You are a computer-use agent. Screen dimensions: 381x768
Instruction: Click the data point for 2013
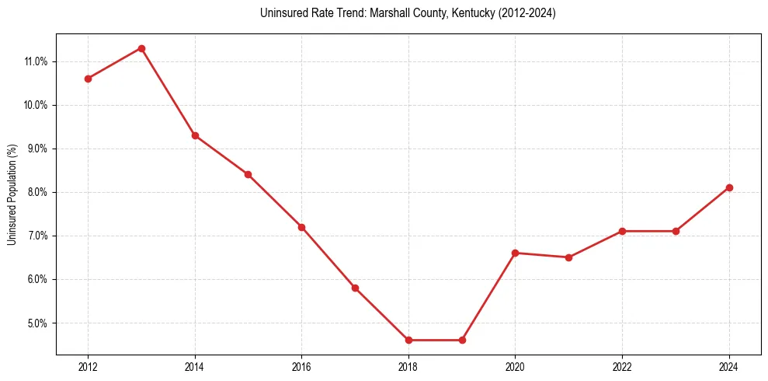[x=141, y=48]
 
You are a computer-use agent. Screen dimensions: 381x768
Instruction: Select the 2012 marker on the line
[x=88, y=79]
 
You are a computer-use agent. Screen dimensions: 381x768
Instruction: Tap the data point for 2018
[x=408, y=340]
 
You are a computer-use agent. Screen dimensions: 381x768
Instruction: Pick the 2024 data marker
[x=729, y=187]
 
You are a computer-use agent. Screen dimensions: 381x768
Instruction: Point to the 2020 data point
[x=516, y=253]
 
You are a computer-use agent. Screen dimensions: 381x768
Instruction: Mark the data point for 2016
[x=301, y=227]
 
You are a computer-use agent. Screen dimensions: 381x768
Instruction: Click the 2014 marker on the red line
[x=195, y=135]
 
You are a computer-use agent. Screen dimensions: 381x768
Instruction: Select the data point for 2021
[x=568, y=257]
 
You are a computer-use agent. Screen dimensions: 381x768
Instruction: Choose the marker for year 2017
[x=355, y=288]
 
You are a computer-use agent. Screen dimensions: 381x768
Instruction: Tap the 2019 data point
[x=462, y=340]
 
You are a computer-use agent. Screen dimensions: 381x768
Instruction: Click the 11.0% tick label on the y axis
[x=36, y=61]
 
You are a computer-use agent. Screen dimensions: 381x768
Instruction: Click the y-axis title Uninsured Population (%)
[x=12, y=194]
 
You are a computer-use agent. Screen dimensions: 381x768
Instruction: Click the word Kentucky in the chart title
[x=460, y=13]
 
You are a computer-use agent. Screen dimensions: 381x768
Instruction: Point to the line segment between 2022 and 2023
[x=649, y=231]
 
